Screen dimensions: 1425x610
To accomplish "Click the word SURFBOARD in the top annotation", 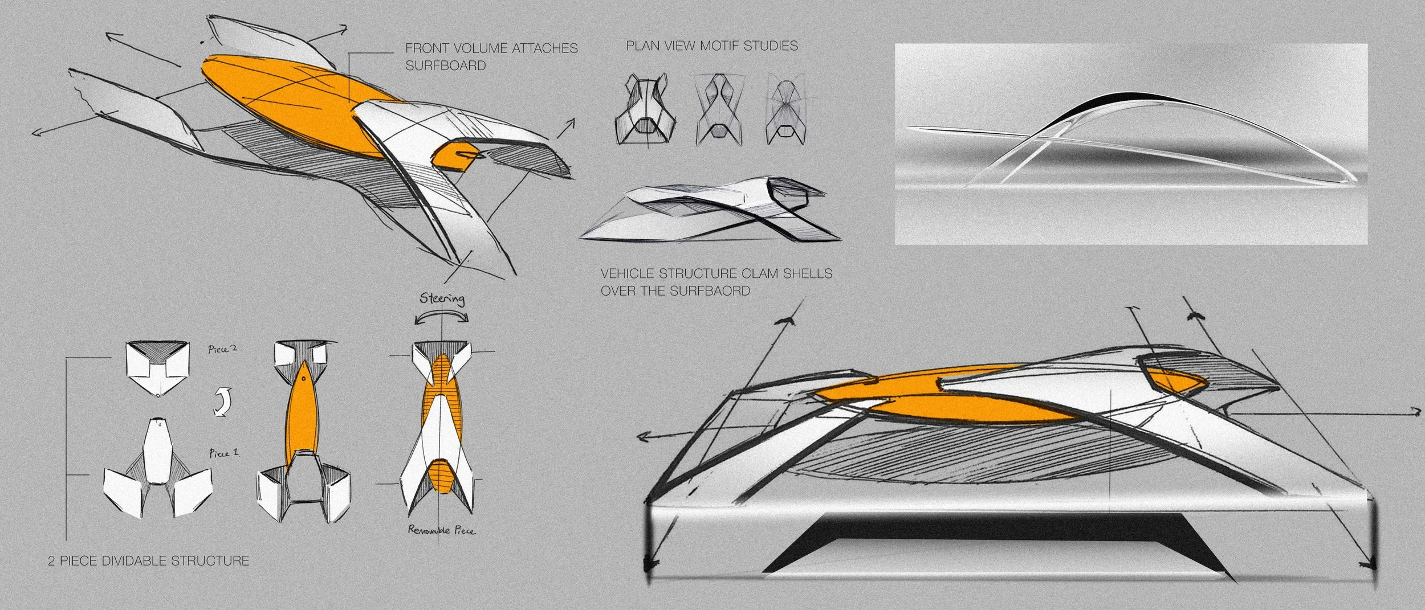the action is click(x=445, y=65).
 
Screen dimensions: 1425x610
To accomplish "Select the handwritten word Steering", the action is click(x=442, y=298).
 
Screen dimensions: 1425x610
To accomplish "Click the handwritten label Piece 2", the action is click(x=222, y=349).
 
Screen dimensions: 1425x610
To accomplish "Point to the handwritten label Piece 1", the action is click(x=223, y=453).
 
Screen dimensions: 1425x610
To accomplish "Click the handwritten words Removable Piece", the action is click(x=441, y=530).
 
